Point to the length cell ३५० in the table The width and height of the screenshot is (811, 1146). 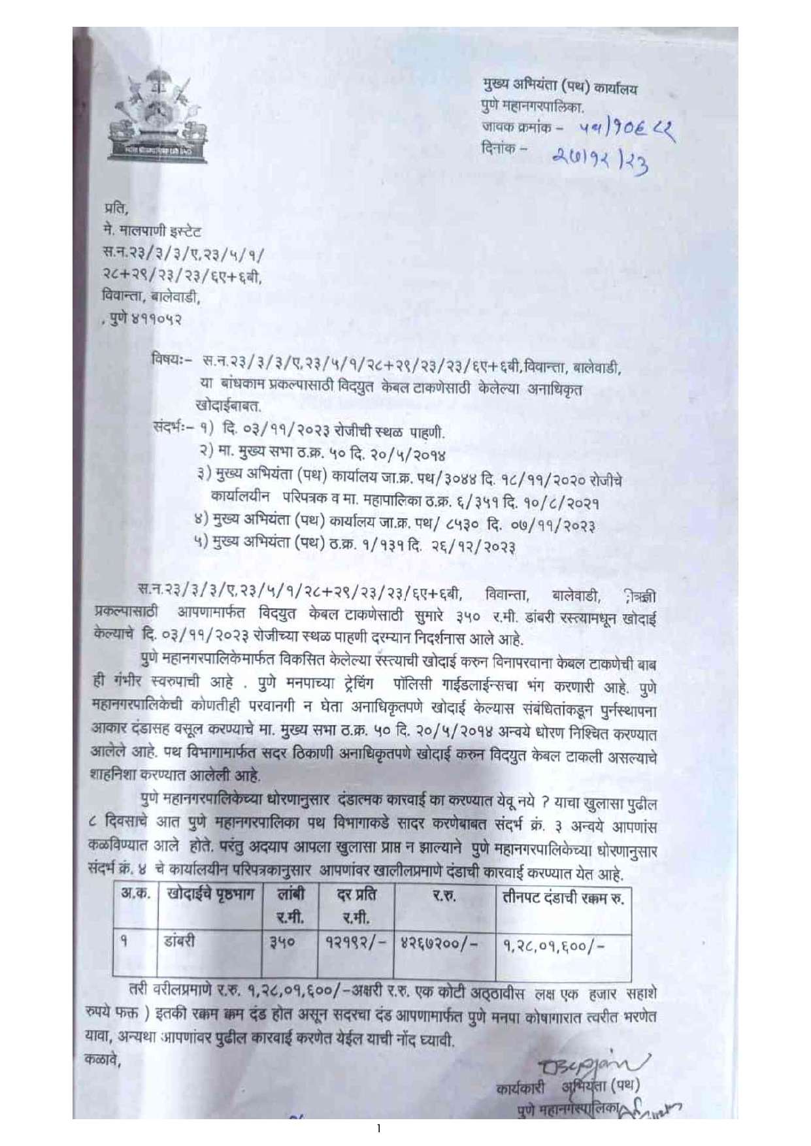[x=283, y=943]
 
